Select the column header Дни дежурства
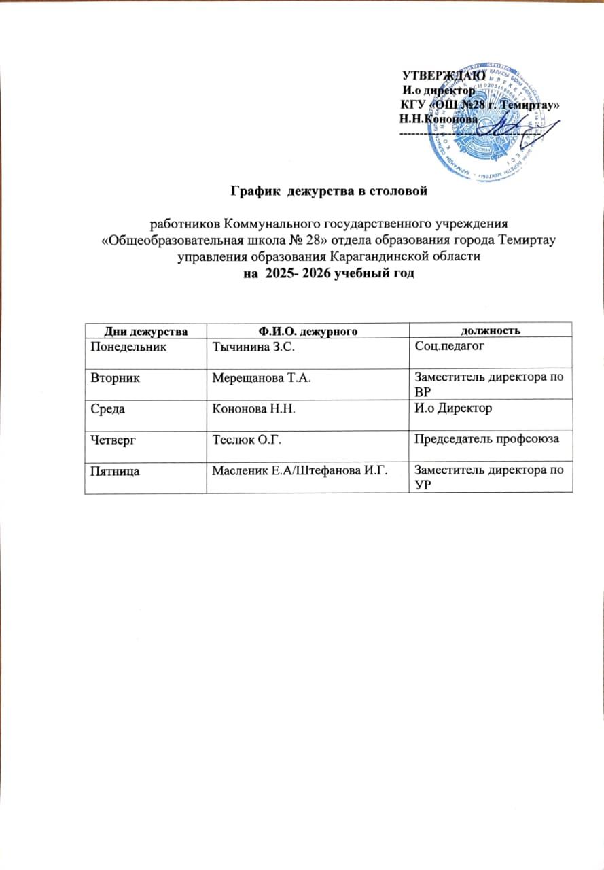tap(145, 331)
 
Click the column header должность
tap(491, 331)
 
